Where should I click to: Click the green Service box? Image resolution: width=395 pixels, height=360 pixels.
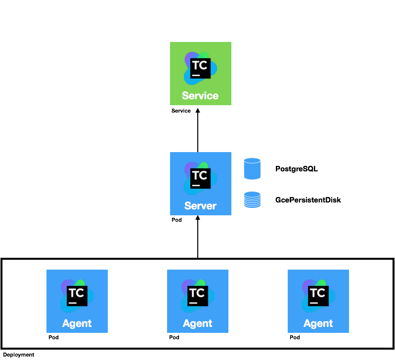coord(200,74)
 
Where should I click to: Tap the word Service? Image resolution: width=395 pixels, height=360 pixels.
coord(200,96)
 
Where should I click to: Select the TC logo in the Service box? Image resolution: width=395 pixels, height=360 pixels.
coord(200,68)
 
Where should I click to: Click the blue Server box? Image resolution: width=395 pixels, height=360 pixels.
coord(200,183)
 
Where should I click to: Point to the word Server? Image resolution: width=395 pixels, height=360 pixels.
coord(200,206)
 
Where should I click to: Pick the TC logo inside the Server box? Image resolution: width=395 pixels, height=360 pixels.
coord(200,178)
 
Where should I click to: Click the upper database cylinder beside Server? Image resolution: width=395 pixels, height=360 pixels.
coord(252,169)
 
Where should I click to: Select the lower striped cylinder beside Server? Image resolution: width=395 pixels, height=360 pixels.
coord(252,200)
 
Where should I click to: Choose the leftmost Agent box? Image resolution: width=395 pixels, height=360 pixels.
coord(77,301)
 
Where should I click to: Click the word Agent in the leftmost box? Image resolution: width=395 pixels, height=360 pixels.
coord(77,324)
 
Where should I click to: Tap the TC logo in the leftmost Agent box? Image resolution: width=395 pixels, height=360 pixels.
coord(77,296)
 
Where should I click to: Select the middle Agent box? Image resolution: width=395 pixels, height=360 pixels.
coord(198,301)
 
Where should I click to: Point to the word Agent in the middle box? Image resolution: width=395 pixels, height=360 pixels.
coord(198,324)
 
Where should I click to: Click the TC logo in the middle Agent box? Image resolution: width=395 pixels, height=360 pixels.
coord(197,296)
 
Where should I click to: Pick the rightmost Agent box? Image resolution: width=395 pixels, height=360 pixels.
coord(318,301)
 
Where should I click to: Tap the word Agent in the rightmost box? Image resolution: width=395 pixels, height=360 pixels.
coord(318,324)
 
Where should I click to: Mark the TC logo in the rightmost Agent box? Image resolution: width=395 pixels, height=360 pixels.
coord(318,296)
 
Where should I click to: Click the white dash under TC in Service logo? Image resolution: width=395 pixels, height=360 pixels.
coord(196,75)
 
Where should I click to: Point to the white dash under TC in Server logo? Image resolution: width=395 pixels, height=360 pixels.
coord(196,185)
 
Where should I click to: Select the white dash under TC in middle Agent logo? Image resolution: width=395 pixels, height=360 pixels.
coord(193,303)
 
